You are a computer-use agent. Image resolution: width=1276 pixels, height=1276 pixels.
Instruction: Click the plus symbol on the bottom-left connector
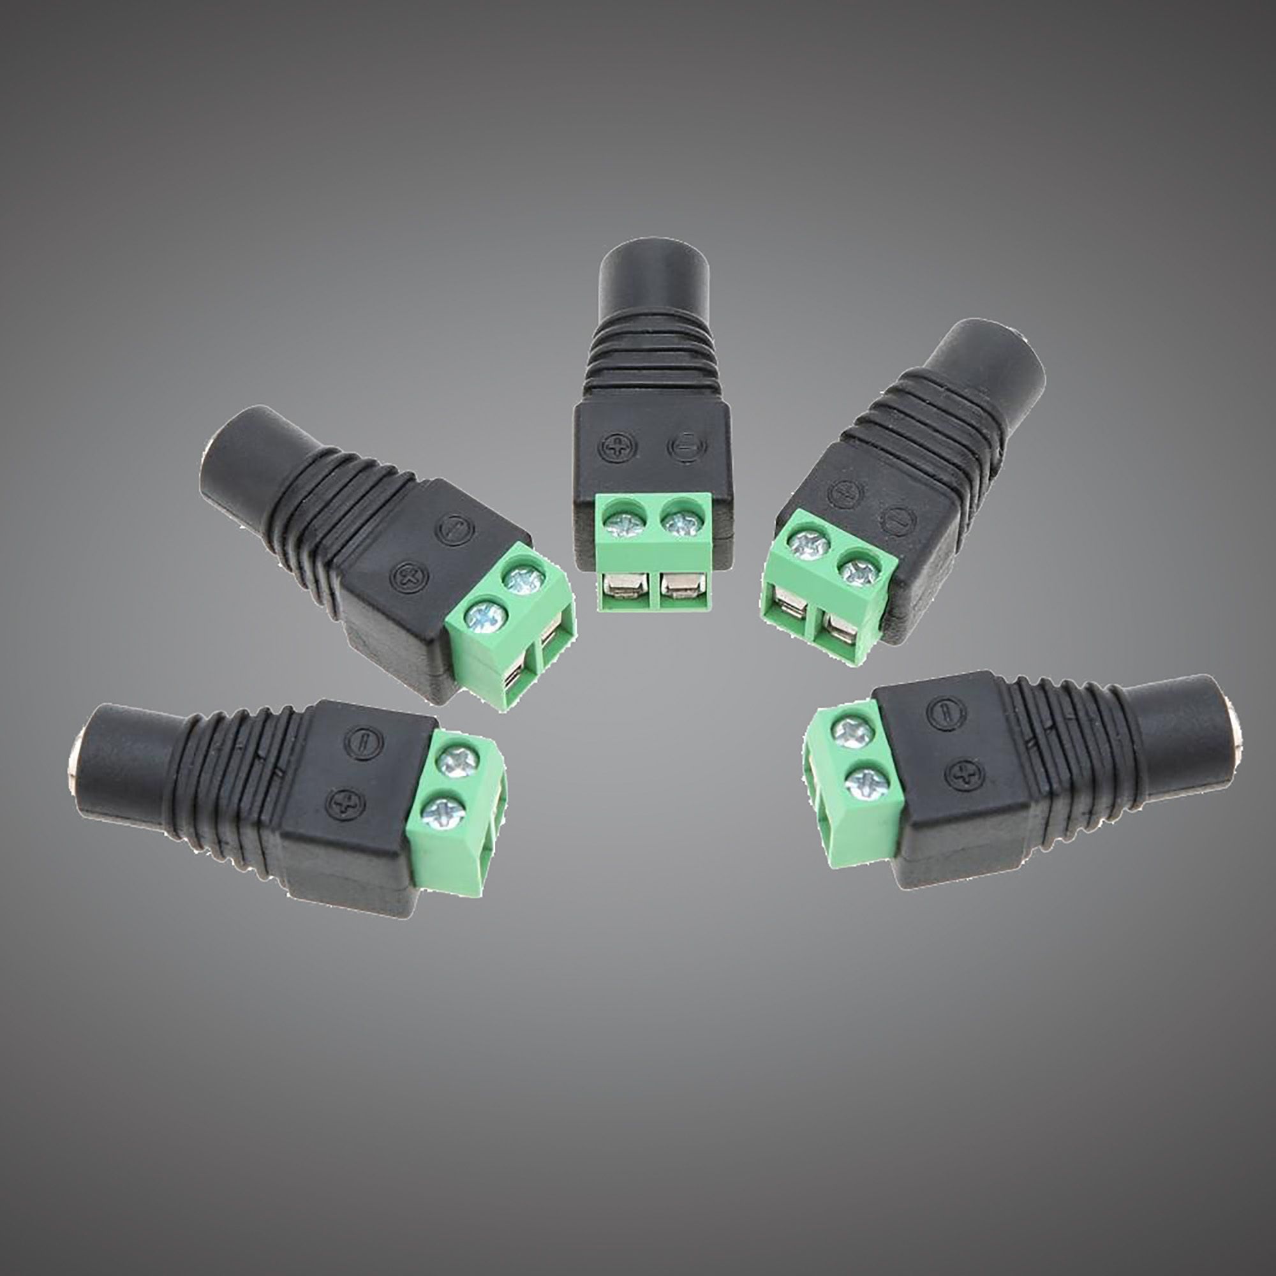point(343,803)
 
